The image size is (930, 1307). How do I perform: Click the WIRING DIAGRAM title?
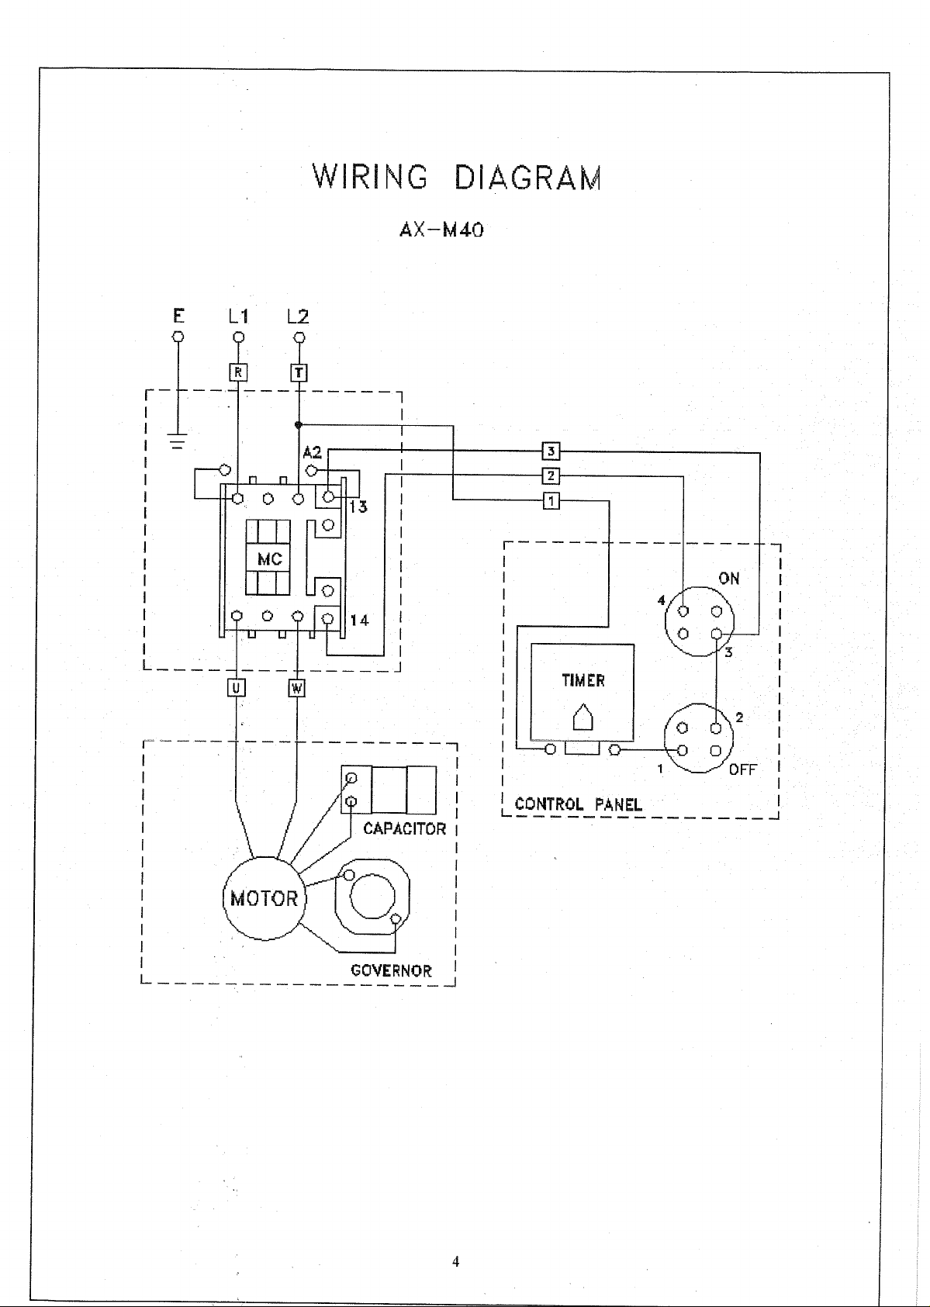pos(457,177)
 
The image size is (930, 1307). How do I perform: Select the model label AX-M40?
pos(441,230)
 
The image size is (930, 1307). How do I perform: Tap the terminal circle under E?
pos(178,337)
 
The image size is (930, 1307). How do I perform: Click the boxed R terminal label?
pos(238,372)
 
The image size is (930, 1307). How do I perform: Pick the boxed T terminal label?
pos(298,372)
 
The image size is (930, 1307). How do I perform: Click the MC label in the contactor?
pos(270,559)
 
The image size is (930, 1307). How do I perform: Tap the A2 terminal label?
pos(312,452)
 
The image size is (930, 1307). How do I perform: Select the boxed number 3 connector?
pos(551,451)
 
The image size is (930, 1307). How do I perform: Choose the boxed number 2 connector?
pos(551,476)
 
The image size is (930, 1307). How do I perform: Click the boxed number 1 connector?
pos(551,500)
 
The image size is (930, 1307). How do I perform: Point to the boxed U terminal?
pos(236,689)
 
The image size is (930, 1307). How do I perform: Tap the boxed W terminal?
pos(297,689)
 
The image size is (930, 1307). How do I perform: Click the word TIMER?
pos(583,680)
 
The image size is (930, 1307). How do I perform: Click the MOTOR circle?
pos(264,898)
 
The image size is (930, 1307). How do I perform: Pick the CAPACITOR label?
pos(404,828)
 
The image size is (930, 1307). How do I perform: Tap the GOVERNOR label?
pos(391,971)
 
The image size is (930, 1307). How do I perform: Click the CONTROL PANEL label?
pos(578,804)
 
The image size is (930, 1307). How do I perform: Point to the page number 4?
pos(455,1261)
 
